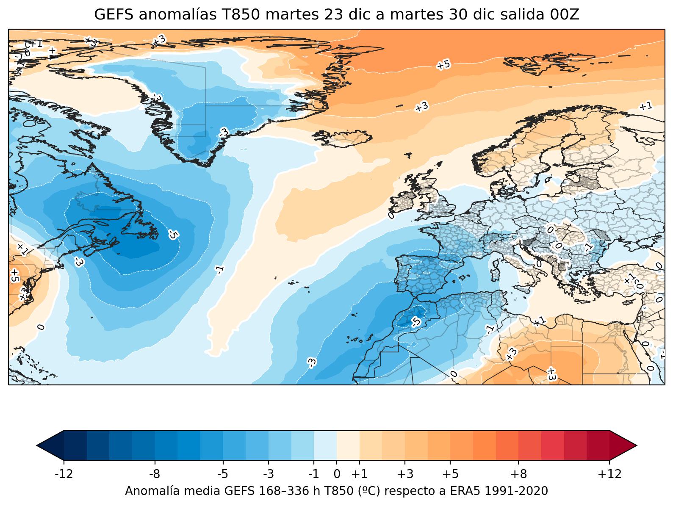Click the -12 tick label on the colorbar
(x=64, y=473)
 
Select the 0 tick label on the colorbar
(x=337, y=473)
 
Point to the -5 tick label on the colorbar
(x=223, y=473)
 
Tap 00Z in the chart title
(x=565, y=15)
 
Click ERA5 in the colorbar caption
(x=469, y=491)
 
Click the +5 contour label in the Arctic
(x=443, y=65)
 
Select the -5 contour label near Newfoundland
(x=173, y=234)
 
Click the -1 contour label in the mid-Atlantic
(x=219, y=270)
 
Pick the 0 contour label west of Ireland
(x=391, y=216)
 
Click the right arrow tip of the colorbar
(x=636, y=445)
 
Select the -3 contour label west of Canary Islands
(x=312, y=362)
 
